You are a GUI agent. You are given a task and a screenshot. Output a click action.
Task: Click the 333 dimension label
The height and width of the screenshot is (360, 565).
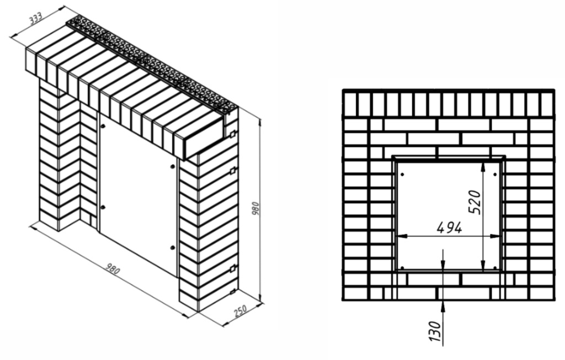[36, 18]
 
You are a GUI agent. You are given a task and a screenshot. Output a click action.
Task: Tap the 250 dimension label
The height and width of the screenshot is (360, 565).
[241, 310]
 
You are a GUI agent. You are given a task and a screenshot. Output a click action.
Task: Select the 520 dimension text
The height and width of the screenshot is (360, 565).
[476, 202]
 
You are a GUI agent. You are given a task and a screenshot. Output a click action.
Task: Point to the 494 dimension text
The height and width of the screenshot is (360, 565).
[449, 227]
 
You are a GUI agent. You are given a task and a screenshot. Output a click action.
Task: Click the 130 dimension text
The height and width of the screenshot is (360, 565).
[435, 331]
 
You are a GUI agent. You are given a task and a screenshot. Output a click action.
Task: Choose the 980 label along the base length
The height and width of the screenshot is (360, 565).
[112, 269]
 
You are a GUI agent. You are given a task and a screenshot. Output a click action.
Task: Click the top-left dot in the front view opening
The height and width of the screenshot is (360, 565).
[402, 174]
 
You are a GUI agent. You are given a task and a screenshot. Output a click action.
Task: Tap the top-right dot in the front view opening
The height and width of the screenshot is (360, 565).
[495, 174]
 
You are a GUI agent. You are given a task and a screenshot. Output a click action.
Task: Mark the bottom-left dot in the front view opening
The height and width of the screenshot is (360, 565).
[402, 268]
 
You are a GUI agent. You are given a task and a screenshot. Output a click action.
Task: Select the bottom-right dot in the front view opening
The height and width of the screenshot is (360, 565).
[495, 268]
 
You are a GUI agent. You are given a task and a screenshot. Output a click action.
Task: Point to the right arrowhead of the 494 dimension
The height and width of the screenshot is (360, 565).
[495, 236]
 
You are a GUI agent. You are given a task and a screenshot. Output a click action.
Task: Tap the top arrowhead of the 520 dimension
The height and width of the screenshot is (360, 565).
[483, 167]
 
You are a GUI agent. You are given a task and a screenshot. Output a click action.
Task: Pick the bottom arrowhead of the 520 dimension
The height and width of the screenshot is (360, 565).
[483, 264]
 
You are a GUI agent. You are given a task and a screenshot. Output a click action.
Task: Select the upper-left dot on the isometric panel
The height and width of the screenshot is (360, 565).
[103, 126]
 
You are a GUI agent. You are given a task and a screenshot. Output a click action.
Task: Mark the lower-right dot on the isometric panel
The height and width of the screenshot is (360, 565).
[172, 247]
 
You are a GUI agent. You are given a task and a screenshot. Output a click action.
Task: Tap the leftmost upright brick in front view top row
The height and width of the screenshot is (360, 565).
[350, 104]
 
